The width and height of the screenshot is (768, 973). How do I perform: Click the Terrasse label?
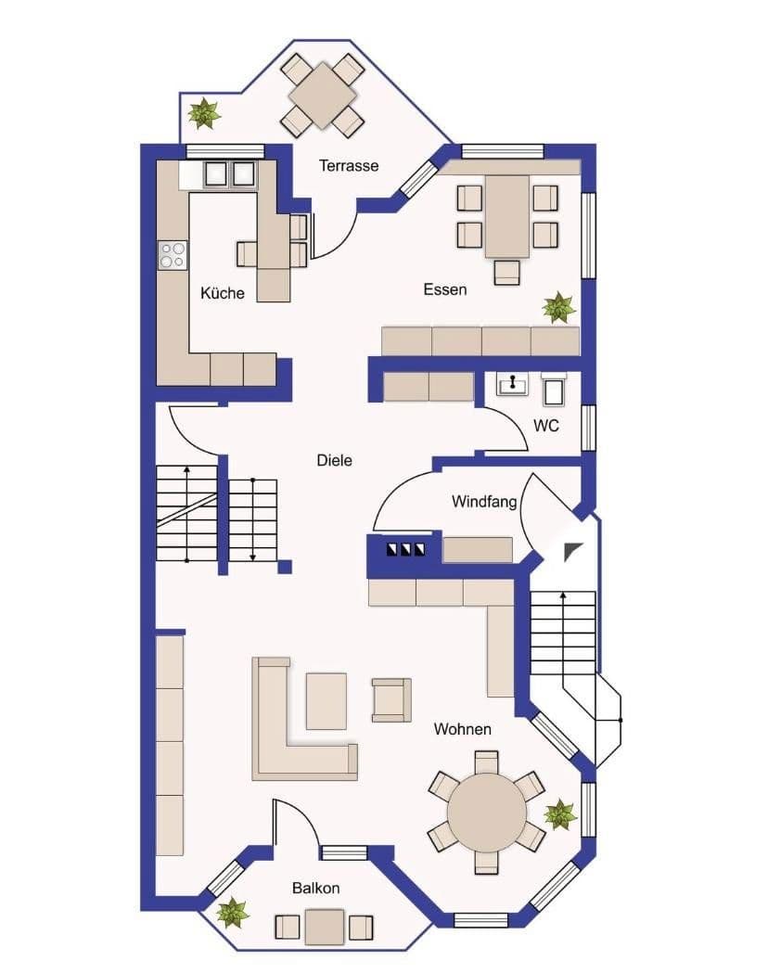349,166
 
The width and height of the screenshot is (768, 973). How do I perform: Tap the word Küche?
223,293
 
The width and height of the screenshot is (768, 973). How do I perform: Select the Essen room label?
445,289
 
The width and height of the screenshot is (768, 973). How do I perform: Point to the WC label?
546,427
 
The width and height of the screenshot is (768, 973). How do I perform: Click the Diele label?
334,460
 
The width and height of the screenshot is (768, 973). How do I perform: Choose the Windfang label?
483,502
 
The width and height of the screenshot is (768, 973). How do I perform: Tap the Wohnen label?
463,729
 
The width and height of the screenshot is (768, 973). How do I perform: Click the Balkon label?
316,888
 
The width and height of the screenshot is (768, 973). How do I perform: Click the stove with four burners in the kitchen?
173,254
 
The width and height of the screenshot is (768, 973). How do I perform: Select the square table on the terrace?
323,96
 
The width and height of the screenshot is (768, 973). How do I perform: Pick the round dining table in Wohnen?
486,813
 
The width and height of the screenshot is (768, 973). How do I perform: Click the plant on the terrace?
204,114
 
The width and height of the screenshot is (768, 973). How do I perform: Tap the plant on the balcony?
232,912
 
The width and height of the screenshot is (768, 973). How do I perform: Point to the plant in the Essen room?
558,307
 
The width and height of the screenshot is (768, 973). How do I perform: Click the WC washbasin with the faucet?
512,383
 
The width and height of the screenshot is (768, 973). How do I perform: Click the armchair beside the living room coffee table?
391,699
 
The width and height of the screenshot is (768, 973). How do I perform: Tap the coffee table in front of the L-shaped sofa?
326,700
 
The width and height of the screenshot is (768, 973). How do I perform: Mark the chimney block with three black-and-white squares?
406,549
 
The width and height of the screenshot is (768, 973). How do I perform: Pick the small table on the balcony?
325,927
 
